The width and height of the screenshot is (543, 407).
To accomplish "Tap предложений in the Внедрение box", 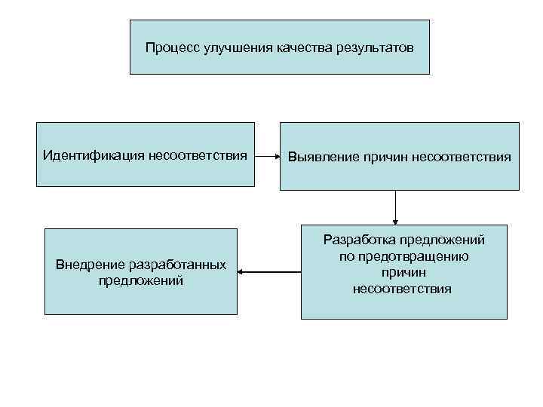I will [x=141, y=281].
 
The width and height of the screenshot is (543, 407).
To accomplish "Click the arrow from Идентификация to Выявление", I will [x=267, y=157].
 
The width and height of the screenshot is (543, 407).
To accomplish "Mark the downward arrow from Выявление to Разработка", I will [x=395, y=207].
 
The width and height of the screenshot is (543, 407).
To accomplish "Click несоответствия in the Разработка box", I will [x=402, y=289].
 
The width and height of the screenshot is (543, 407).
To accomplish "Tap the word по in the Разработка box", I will [x=345, y=256].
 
